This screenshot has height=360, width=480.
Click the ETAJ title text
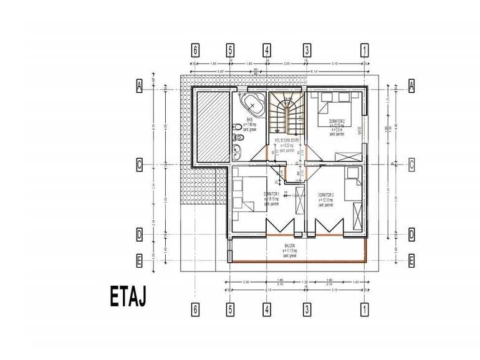[x=128, y=297]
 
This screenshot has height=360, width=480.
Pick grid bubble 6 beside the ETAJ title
[x=196, y=309]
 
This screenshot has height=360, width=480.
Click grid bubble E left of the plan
[x=140, y=260]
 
